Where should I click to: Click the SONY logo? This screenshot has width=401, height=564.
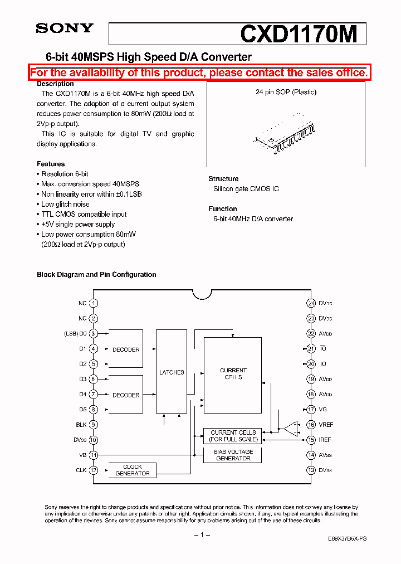point(65,28)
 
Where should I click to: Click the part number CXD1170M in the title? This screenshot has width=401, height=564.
point(298,35)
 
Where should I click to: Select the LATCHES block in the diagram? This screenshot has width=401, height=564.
point(172,372)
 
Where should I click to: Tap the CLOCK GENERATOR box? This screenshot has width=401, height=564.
point(132,470)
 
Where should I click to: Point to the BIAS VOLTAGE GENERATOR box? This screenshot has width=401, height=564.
point(233,455)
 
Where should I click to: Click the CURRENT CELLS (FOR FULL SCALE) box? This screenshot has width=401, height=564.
point(233,436)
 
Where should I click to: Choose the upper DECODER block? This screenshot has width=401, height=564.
point(126,349)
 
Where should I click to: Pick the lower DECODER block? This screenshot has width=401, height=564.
point(126,395)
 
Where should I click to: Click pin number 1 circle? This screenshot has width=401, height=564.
point(94,303)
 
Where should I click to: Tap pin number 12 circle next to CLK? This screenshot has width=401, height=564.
point(94,470)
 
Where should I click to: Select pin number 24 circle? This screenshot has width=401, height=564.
point(311,303)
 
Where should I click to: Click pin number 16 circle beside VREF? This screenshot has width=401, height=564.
point(311,425)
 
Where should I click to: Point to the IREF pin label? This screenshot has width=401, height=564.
point(325,440)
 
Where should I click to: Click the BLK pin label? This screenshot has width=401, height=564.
point(81,425)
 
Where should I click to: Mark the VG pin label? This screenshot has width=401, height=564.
point(323,410)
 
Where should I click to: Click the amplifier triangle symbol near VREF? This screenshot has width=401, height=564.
point(290,429)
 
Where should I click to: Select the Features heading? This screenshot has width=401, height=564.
point(51,164)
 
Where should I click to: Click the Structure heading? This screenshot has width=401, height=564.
point(223,179)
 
